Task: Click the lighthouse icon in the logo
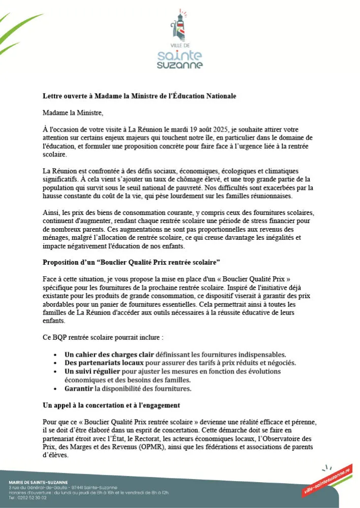179,26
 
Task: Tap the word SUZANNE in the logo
179,65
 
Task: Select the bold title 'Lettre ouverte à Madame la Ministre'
139,96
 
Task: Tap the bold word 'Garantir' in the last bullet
79,389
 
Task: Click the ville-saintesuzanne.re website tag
327,480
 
